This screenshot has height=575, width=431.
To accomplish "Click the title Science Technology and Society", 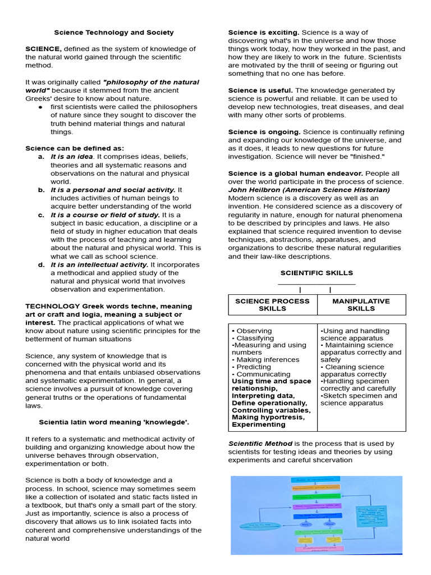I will [113, 33].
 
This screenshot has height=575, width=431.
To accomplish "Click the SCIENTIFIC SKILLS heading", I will [317, 273].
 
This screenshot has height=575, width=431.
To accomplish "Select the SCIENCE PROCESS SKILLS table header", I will [272, 305].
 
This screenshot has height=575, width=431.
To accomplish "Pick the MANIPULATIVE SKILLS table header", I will [361, 305].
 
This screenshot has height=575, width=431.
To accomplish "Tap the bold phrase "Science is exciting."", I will [263, 33].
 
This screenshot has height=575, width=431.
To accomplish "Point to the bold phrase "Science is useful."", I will [260, 90].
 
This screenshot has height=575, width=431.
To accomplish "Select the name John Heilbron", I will [256, 190].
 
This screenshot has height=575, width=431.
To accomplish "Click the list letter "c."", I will [42, 215].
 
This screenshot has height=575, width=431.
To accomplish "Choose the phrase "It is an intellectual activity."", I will [99, 264].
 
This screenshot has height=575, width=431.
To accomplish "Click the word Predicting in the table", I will [256, 367].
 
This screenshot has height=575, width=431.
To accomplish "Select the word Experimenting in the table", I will [258, 425].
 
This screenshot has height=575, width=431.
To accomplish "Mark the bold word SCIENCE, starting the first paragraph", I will [43, 49].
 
